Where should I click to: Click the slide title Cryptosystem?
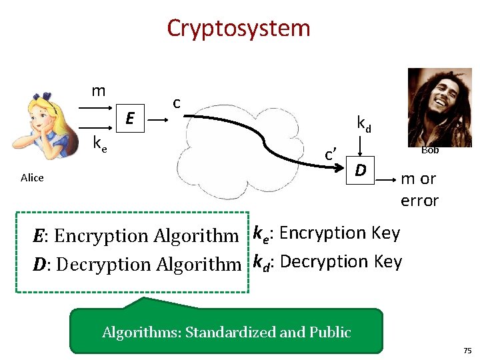click(239, 29)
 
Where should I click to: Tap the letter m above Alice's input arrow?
click(99, 90)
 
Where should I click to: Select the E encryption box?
click(131, 119)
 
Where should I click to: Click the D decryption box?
click(360, 171)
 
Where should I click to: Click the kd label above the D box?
click(364, 123)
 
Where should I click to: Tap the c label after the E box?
click(177, 103)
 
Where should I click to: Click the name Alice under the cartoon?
click(32, 177)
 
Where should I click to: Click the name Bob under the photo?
click(430, 150)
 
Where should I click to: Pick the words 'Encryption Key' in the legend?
click(339, 233)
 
